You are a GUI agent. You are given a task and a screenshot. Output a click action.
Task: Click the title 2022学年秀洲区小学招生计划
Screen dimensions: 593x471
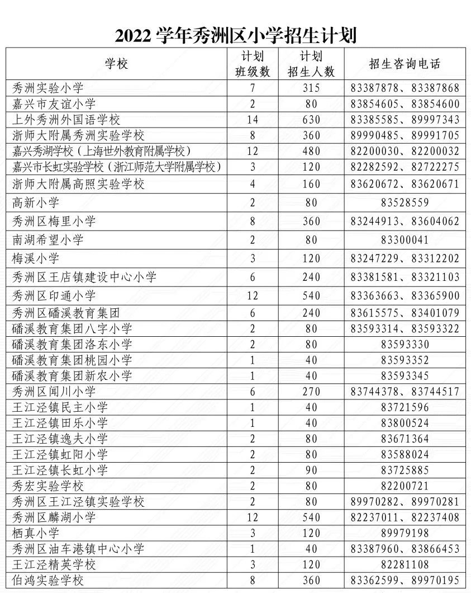click(x=235, y=36)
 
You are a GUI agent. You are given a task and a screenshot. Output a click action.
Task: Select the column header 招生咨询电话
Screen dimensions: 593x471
click(x=405, y=64)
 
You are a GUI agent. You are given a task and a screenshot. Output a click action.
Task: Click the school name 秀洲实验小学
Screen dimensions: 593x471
click(x=47, y=88)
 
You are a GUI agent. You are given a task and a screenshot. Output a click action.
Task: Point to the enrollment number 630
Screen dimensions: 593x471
click(x=311, y=120)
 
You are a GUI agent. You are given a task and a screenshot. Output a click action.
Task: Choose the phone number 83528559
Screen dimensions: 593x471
click(x=405, y=203)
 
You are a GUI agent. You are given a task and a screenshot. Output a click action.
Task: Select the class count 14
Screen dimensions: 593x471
click(x=252, y=120)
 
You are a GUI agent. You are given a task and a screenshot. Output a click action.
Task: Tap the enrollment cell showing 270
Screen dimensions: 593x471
click(x=311, y=392)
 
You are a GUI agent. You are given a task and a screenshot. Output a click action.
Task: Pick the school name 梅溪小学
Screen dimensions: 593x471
click(x=36, y=258)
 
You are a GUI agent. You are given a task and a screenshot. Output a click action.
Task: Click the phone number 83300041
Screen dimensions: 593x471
click(x=405, y=240)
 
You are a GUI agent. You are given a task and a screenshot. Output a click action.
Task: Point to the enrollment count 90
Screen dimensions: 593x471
click(x=311, y=470)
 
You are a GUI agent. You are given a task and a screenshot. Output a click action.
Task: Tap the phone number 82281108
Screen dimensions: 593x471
click(x=405, y=564)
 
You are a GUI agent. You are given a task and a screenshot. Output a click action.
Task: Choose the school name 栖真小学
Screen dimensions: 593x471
click(x=36, y=533)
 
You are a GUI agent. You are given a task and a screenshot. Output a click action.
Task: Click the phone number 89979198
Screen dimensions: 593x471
click(x=405, y=533)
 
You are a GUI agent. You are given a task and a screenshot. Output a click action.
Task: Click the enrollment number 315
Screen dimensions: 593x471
click(x=311, y=88)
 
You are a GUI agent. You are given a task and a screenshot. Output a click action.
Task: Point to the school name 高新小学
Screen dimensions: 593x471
click(x=36, y=203)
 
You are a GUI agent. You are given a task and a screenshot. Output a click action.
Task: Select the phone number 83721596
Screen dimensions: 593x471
click(x=405, y=407)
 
